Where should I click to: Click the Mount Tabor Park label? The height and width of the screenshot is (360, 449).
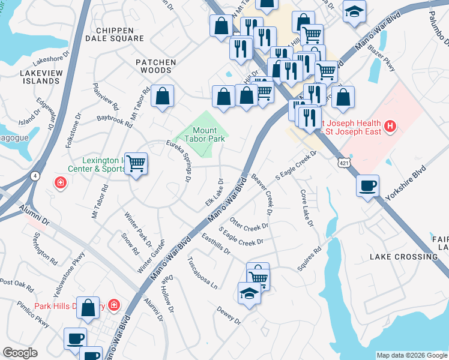[x=208, y=134]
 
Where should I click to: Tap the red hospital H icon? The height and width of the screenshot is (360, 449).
[x=391, y=126]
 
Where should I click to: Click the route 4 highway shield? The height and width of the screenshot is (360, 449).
[x=36, y=175]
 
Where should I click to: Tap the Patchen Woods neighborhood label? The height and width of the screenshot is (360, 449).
[x=155, y=66]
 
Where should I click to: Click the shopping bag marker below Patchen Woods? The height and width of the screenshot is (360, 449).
[x=162, y=96]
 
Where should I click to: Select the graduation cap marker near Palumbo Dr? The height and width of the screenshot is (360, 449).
[x=355, y=11]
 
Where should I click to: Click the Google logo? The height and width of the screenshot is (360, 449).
[x=20, y=352]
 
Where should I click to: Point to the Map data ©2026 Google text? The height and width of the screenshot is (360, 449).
[x=411, y=355]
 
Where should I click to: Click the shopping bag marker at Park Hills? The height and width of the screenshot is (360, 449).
[x=89, y=307]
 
